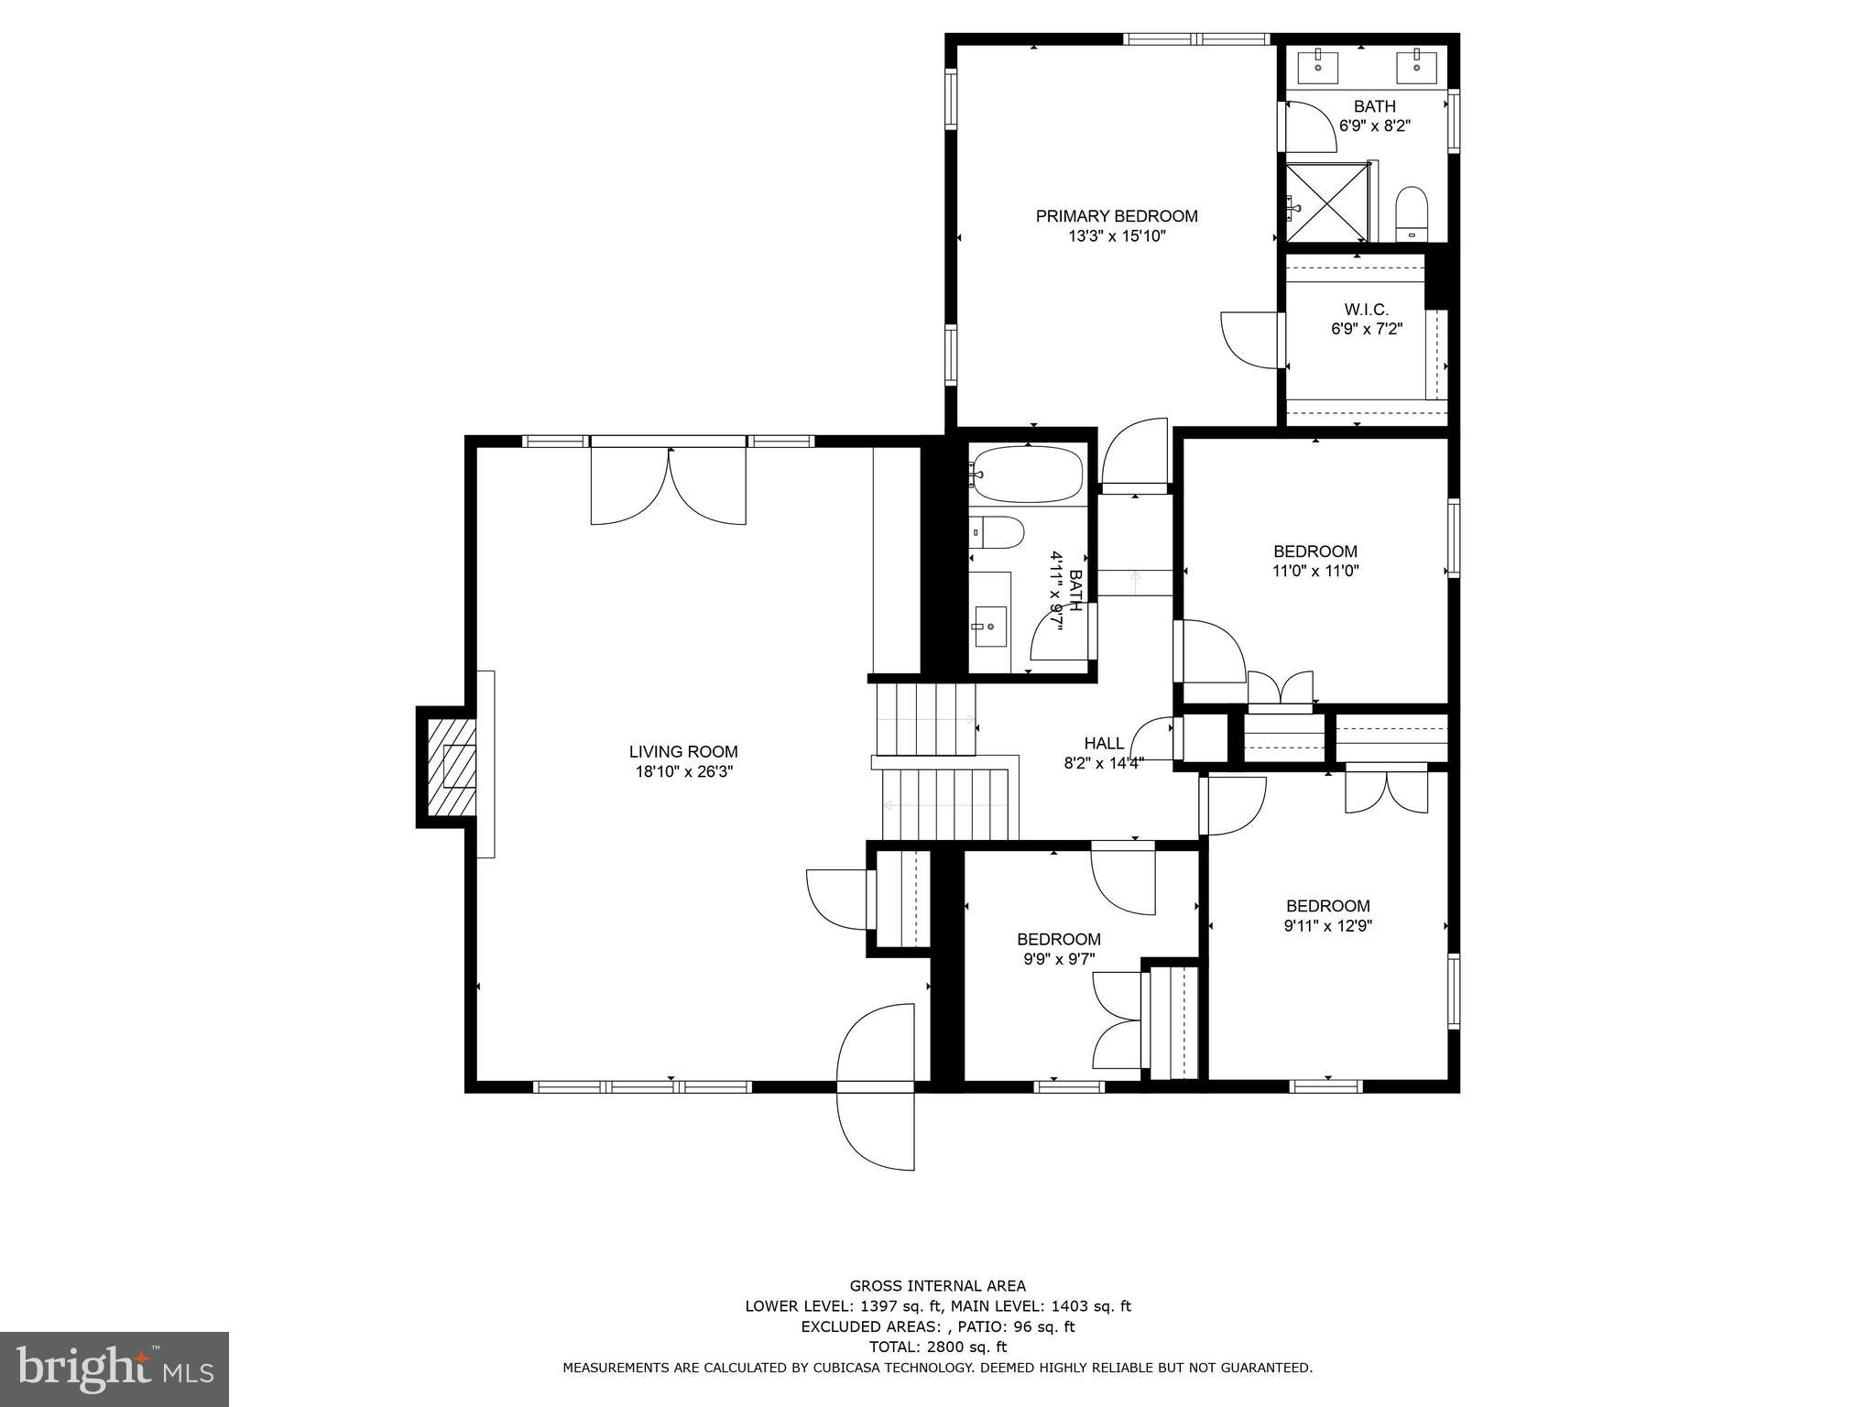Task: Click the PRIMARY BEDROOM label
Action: [1116, 216]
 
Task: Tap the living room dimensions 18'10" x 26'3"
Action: [684, 771]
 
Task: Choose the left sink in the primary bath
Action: [1318, 67]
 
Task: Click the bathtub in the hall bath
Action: [1028, 474]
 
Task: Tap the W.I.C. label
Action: [1366, 310]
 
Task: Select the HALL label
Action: [1103, 743]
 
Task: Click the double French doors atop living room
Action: [669, 485]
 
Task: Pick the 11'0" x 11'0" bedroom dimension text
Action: [1314, 571]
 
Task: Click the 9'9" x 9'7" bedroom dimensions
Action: [1058, 959]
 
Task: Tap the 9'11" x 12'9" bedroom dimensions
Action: [1327, 925]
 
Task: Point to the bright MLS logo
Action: [114, 1369]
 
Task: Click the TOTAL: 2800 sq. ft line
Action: [937, 1347]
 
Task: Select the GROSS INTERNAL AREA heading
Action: [937, 1285]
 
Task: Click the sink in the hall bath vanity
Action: [990, 626]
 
